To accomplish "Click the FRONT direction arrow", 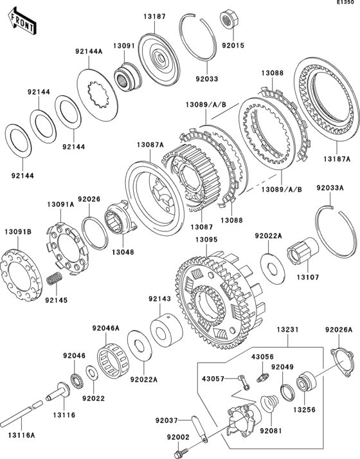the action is tap(22, 21).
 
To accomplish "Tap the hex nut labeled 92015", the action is tap(230, 19).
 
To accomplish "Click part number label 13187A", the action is tap(337, 159).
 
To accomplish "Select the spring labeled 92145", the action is tap(55, 278).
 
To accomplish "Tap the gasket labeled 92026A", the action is tap(340, 363).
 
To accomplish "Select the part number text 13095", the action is tap(206, 240).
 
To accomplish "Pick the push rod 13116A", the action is tap(21, 413).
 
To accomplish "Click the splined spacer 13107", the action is tap(303, 251).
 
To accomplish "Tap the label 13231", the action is tap(288, 330).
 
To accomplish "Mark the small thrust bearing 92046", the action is tap(77, 380).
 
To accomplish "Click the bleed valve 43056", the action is tap(262, 377).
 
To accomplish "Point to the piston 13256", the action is tap(306, 381).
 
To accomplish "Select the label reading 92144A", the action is tap(89, 51).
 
